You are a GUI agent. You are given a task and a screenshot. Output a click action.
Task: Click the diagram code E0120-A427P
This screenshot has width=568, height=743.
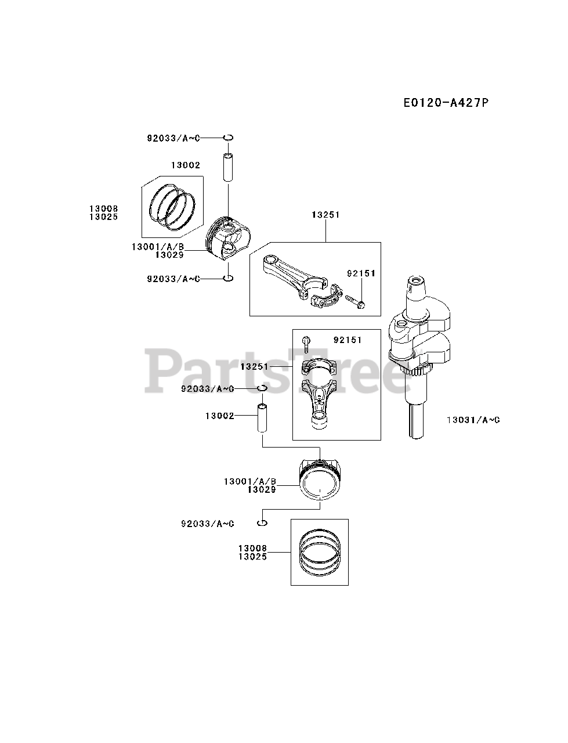pos(446,103)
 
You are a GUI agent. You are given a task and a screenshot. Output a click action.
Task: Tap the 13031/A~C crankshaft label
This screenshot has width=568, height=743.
pos(473,419)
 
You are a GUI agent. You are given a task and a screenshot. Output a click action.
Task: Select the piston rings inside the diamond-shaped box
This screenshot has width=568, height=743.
pos(172,205)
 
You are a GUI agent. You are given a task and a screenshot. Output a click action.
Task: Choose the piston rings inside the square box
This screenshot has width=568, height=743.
pos(319,552)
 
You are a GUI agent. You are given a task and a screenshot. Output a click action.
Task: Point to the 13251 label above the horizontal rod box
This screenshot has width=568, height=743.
pos(325,214)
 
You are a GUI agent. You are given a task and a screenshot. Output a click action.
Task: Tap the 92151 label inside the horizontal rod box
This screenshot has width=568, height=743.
pos(361,273)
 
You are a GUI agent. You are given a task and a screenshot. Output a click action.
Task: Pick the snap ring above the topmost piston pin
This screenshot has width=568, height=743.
pos(229,138)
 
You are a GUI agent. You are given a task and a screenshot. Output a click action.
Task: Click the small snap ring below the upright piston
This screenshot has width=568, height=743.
pos(262,524)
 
